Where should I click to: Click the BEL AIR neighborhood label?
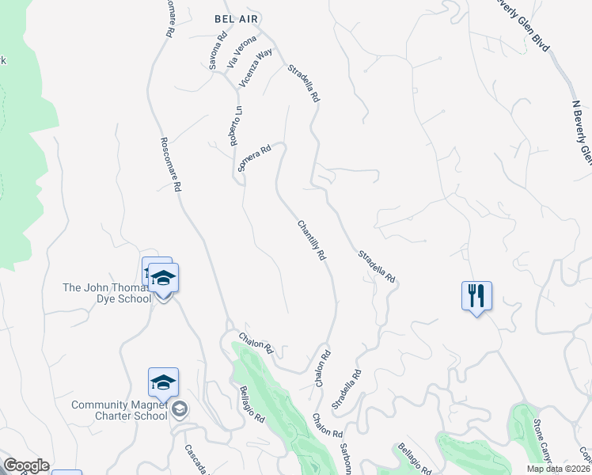[237, 17]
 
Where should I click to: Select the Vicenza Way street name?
[256, 66]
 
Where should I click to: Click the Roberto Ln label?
[235, 126]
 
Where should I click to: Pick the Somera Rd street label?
[254, 158]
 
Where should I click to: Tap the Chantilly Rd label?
[312, 241]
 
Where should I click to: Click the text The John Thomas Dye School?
[107, 293]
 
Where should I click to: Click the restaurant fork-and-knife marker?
[476, 297]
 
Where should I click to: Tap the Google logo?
[26, 465]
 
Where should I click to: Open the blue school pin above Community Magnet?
[163, 384]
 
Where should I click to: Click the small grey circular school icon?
[180, 409]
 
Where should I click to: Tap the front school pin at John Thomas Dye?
[164, 279]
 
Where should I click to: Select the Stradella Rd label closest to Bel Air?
[303, 83]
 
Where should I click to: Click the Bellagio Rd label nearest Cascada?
[252, 405]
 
